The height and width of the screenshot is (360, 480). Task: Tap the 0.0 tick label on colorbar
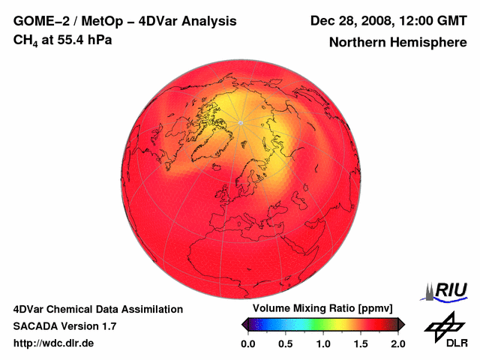[x=247, y=343]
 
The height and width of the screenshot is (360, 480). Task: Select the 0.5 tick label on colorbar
[x=285, y=343]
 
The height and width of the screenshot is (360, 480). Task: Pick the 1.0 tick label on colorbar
[x=322, y=343]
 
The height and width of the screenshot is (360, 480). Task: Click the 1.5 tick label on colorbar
[x=360, y=343]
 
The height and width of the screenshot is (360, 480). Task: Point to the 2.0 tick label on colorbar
[x=397, y=343]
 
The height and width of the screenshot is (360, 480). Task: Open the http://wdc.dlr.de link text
[x=54, y=343]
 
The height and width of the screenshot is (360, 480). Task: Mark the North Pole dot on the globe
[x=240, y=122]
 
